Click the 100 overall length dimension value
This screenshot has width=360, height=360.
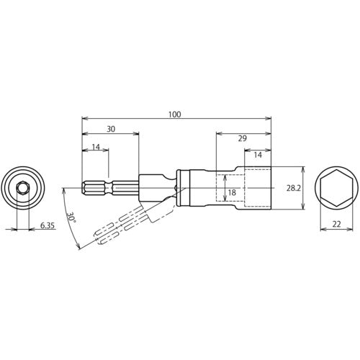click(x=174, y=114)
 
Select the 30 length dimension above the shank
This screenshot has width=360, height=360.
click(x=111, y=129)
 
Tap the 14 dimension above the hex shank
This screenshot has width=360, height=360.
click(x=96, y=147)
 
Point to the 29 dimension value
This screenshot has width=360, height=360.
click(x=243, y=138)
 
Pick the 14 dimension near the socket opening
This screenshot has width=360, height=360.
click(x=258, y=155)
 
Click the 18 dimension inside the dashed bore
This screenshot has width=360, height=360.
click(x=232, y=192)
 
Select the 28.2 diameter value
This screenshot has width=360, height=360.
click(x=294, y=188)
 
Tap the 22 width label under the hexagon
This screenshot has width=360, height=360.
click(x=336, y=224)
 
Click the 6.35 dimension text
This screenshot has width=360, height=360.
click(x=48, y=225)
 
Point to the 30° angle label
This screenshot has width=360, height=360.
click(x=71, y=217)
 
